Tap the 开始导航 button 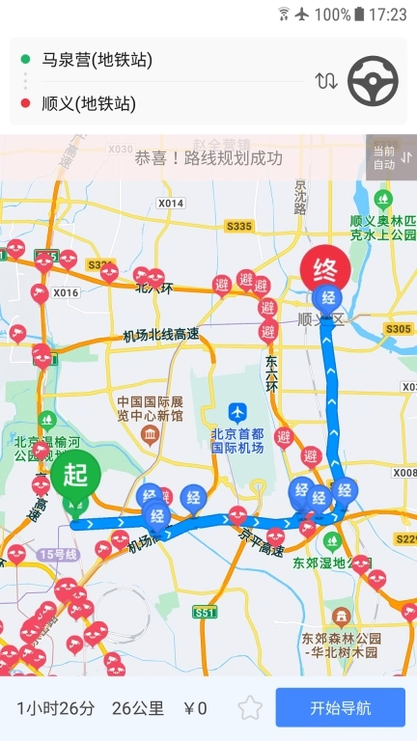click(x=340, y=707)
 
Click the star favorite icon click(x=250, y=707)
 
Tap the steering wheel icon click(x=373, y=81)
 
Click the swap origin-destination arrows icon click(x=326, y=81)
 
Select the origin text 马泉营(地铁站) click(x=97, y=60)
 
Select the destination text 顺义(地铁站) click(x=89, y=103)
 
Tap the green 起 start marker click(x=75, y=475)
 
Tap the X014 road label click(x=171, y=204)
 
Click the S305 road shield click(x=398, y=329)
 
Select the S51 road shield click(x=206, y=613)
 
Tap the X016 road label click(x=66, y=292)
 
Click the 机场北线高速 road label click(x=160, y=336)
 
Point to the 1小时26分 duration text click(x=56, y=708)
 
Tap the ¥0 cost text click(x=197, y=708)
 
